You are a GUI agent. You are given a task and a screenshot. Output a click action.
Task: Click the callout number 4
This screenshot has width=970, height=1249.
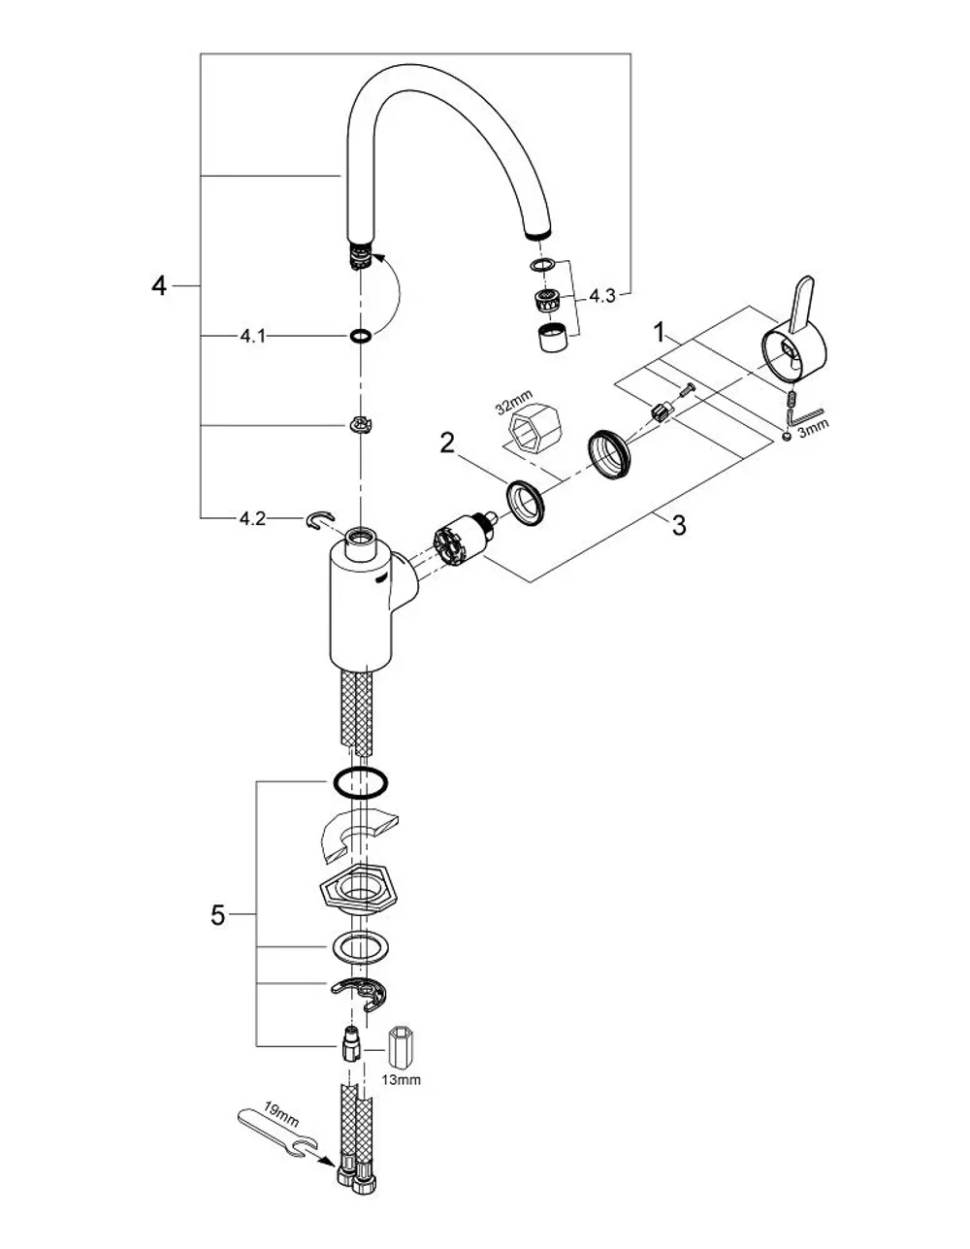pyautogui.click(x=159, y=285)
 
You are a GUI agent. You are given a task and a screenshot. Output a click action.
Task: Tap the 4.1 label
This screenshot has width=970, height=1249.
pyautogui.click(x=252, y=336)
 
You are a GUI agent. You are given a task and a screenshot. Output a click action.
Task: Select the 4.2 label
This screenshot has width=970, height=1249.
pyautogui.click(x=252, y=518)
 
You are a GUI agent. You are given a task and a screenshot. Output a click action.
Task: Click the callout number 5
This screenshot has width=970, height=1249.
pyautogui.click(x=217, y=915)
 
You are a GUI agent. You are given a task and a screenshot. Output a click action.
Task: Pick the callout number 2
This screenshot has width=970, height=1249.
pyautogui.click(x=447, y=444)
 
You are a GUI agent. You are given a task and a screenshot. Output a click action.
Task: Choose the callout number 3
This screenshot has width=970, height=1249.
pyautogui.click(x=679, y=525)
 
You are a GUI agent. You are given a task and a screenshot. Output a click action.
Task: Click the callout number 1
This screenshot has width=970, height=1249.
pyautogui.click(x=660, y=332)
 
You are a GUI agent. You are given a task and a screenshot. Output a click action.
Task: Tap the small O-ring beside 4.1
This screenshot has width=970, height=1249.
pyautogui.click(x=361, y=336)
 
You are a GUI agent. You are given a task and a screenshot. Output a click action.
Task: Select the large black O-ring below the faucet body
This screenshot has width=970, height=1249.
pyautogui.click(x=360, y=783)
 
